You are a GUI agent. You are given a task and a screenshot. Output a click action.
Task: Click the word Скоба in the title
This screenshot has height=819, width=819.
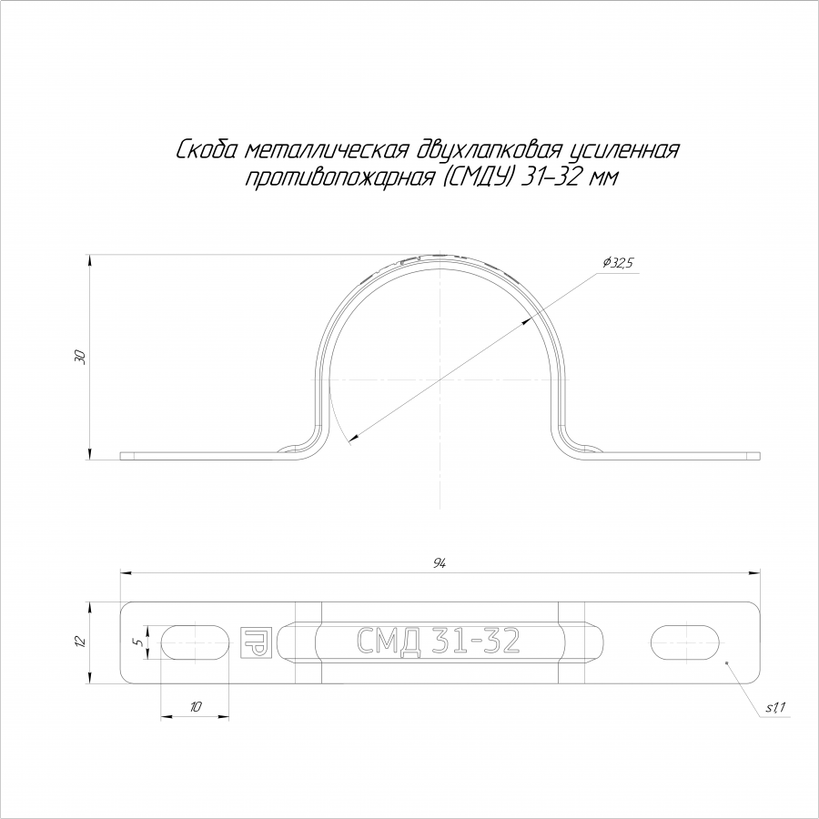click(207, 150)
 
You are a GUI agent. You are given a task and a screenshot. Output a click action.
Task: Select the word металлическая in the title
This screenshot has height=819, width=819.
click(326, 150)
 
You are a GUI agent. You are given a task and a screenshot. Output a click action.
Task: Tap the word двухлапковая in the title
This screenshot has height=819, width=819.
click(489, 151)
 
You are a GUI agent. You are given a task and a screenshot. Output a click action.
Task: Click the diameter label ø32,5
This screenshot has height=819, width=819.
click(617, 263)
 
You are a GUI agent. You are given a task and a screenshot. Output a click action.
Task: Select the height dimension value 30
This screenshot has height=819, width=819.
click(80, 358)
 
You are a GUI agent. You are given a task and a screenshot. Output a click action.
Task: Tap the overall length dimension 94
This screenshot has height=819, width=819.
click(440, 563)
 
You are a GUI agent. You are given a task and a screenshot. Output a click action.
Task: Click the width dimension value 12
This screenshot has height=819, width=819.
click(80, 641)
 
